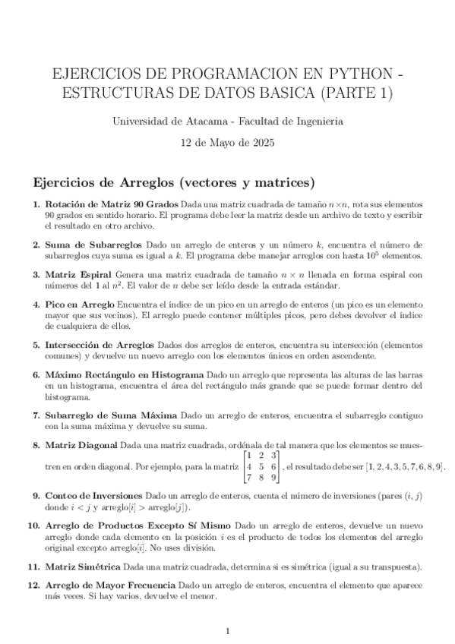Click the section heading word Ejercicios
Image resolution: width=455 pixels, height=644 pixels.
67,183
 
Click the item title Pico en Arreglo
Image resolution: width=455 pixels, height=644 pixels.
80,305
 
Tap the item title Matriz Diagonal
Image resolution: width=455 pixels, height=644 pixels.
81,444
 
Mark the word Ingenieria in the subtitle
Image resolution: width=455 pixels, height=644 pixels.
317,121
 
